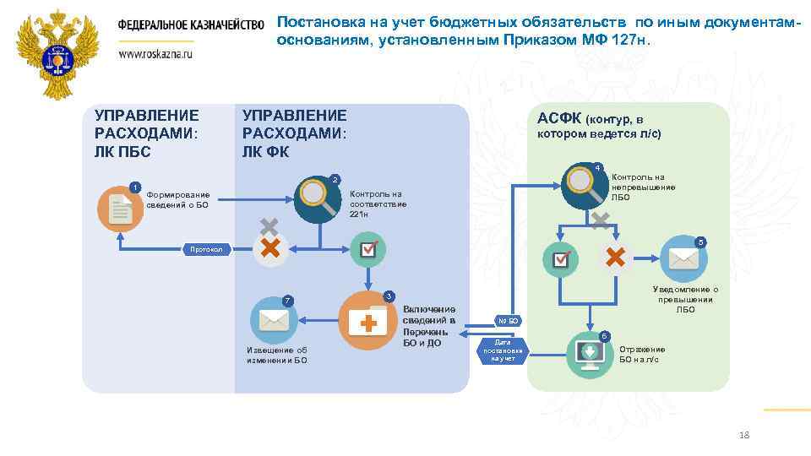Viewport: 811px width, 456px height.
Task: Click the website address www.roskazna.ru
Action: (156, 52)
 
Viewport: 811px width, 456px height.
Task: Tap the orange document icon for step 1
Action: (121, 209)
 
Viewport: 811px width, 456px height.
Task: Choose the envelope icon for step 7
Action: (275, 321)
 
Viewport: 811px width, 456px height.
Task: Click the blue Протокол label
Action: (205, 249)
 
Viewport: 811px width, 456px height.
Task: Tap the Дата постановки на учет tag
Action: (503, 350)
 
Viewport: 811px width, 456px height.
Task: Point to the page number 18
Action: (743, 435)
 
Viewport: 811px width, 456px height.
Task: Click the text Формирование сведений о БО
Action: (177, 199)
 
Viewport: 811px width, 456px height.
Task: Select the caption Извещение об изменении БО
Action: (276, 356)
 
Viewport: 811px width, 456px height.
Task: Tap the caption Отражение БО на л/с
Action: (642, 355)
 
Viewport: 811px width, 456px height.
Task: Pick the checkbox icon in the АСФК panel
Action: (561, 258)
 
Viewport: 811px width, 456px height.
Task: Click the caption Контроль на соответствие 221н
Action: (378, 204)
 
